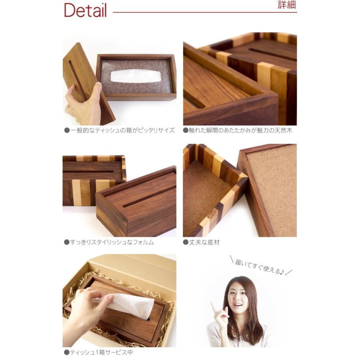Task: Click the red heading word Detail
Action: pyautogui.click(x=85, y=11)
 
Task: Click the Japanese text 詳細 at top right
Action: pyautogui.click(x=287, y=6)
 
